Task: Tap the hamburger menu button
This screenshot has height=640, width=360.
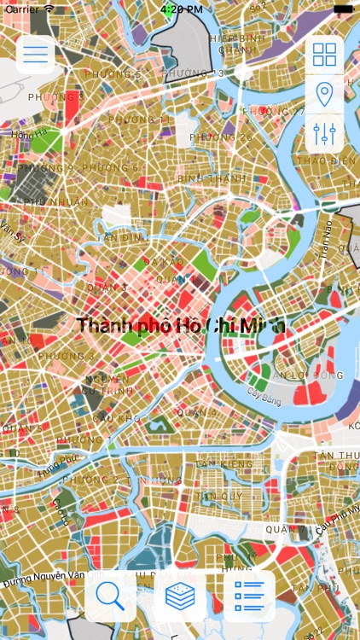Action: point(35,55)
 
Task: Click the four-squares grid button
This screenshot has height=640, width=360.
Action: point(324,55)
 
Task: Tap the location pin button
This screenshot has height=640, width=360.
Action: point(324,94)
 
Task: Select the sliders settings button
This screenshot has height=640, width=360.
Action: point(324,133)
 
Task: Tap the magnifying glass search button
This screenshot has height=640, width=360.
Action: point(110,596)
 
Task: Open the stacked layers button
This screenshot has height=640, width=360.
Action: point(180,596)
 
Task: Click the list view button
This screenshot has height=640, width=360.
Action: point(249,596)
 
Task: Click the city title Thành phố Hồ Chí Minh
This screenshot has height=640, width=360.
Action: point(181,325)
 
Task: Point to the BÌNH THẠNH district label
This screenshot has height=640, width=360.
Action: point(211,177)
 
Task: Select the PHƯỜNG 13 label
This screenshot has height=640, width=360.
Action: point(193,74)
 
